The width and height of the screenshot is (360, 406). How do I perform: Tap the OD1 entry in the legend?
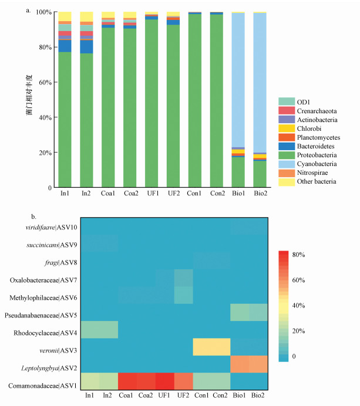click(x=305, y=102)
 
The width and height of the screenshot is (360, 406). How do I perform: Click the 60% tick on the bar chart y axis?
click(x=44, y=82)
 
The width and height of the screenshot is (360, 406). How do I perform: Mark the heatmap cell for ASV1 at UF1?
click(x=165, y=382)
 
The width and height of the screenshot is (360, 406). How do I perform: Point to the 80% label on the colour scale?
click(x=309, y=255)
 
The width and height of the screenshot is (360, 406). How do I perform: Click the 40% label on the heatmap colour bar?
click(x=309, y=306)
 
